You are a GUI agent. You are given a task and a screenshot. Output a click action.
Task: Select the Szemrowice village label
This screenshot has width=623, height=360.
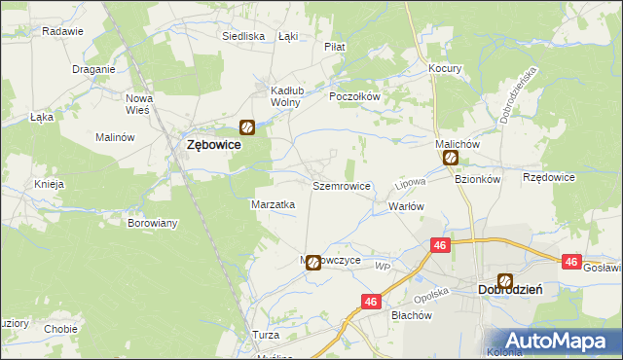tap(341, 185)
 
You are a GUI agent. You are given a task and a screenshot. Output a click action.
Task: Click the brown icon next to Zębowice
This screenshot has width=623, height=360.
tap(247, 126)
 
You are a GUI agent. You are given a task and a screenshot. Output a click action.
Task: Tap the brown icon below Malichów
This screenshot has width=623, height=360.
tap(450, 158)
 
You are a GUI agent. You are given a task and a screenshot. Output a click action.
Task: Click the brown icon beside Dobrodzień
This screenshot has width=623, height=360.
tap(504, 280)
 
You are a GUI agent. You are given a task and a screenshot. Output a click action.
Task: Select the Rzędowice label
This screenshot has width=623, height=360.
tap(549, 178)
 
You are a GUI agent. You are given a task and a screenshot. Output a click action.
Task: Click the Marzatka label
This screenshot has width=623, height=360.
tap(274, 205)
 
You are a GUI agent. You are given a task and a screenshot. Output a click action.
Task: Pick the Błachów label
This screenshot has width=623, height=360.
tap(411, 315)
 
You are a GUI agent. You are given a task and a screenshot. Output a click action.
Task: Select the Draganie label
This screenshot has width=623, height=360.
tap(94, 69)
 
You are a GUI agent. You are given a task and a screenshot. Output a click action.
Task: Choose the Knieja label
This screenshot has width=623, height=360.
tap(49, 184)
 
